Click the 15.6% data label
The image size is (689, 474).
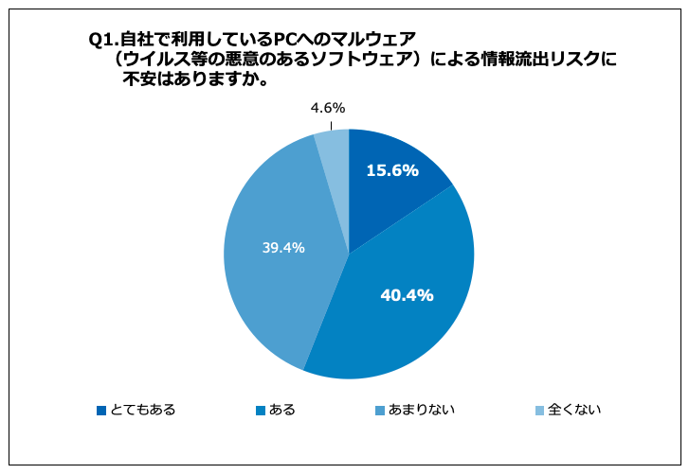click(x=392, y=171)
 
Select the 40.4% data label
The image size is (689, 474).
click(x=407, y=295)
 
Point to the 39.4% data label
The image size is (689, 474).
click(x=281, y=249)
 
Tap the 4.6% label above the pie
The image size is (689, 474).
click(x=327, y=109)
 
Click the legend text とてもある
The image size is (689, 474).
click(x=143, y=410)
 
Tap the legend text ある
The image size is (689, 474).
click(x=282, y=410)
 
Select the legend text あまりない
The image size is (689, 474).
click(x=422, y=410)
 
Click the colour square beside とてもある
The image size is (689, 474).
click(x=101, y=411)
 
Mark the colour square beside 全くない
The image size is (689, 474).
click(x=540, y=411)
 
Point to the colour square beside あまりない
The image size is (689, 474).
click(x=380, y=411)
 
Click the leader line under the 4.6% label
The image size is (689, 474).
click(x=332, y=125)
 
